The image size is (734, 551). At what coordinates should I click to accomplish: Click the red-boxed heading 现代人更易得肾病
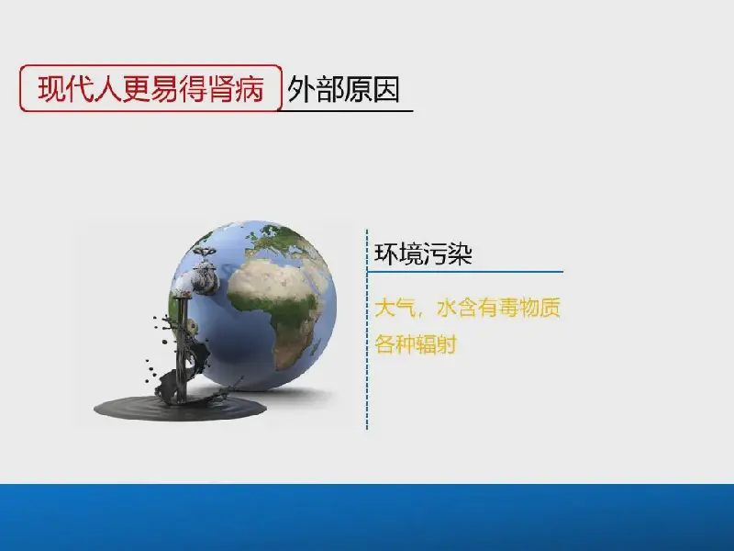(x=150, y=88)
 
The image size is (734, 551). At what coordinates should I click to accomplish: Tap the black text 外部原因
(x=343, y=89)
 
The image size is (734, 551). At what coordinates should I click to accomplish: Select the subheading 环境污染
(x=423, y=254)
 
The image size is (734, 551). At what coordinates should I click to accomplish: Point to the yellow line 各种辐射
(x=416, y=345)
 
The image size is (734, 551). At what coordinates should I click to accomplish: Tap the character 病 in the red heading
(x=250, y=88)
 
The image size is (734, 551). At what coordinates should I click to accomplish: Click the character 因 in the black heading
(x=386, y=89)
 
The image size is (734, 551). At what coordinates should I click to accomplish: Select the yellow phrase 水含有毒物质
(x=498, y=309)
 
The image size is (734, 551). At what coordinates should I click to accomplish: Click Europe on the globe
(x=281, y=240)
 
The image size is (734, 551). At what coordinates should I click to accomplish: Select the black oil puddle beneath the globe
(x=180, y=409)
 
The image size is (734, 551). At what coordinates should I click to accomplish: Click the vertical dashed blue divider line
(x=367, y=330)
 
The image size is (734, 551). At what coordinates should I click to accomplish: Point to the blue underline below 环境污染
(x=465, y=271)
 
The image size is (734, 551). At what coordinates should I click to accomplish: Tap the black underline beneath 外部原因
(x=347, y=110)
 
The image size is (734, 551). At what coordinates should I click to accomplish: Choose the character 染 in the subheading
(x=460, y=254)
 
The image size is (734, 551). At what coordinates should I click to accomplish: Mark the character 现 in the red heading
(x=51, y=88)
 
